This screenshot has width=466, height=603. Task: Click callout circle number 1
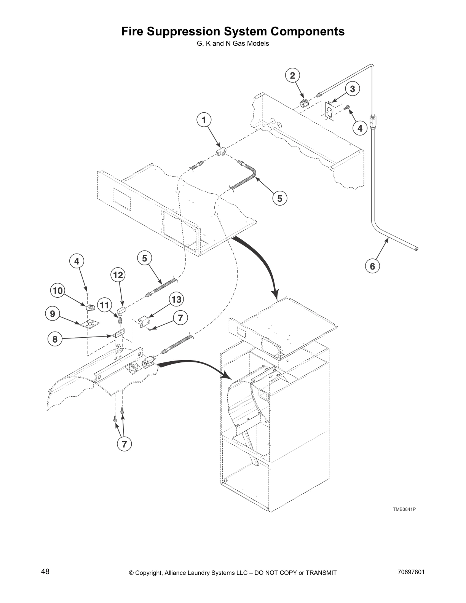click(x=204, y=120)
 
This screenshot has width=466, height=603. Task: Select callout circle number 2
click(x=292, y=75)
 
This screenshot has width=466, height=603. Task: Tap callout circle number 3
click(x=353, y=89)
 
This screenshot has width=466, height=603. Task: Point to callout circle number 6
click(x=372, y=266)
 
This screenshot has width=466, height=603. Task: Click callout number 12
click(x=118, y=275)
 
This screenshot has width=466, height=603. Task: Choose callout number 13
click(x=176, y=300)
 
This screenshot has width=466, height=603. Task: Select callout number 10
click(x=57, y=291)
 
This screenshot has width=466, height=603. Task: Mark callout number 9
click(x=53, y=314)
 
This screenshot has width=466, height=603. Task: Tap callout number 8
click(x=55, y=339)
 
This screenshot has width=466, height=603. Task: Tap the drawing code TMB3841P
click(x=404, y=509)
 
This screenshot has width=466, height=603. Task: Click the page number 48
click(x=45, y=571)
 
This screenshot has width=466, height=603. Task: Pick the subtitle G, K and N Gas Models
click(x=233, y=43)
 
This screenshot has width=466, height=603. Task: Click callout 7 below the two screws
click(x=124, y=443)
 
